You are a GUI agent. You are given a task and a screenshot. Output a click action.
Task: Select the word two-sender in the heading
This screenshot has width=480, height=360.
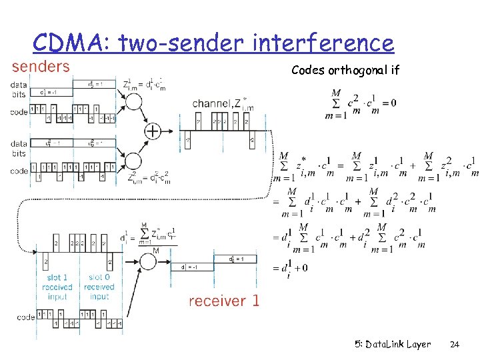[x=183, y=44]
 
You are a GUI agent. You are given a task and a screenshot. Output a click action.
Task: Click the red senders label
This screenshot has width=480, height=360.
[x=41, y=66]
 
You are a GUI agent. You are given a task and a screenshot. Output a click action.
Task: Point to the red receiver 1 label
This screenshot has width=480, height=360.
[x=224, y=301]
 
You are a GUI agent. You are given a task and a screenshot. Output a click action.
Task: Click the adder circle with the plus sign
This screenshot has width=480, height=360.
[x=153, y=131]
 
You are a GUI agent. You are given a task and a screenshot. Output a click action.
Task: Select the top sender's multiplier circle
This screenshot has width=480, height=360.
[x=133, y=102]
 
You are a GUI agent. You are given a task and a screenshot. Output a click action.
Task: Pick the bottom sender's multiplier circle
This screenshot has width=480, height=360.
[x=133, y=161]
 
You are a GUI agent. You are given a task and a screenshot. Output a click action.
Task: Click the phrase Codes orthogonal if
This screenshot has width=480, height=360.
[x=345, y=70]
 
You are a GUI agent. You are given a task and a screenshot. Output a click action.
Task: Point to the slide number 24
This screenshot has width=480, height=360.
[x=455, y=345]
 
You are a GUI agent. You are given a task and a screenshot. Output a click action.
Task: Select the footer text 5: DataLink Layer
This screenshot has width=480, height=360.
[x=393, y=345]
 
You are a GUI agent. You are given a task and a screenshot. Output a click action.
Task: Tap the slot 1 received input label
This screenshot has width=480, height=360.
[x=58, y=287]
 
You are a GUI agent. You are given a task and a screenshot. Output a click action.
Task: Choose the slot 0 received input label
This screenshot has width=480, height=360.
[x=99, y=287]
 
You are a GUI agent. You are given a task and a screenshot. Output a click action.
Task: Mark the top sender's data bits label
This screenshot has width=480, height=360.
[x=19, y=89]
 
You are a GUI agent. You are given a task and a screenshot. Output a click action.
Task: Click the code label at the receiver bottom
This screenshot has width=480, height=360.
[x=26, y=317]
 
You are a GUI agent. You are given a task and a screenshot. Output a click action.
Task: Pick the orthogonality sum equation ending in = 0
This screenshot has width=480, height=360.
[x=360, y=103]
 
